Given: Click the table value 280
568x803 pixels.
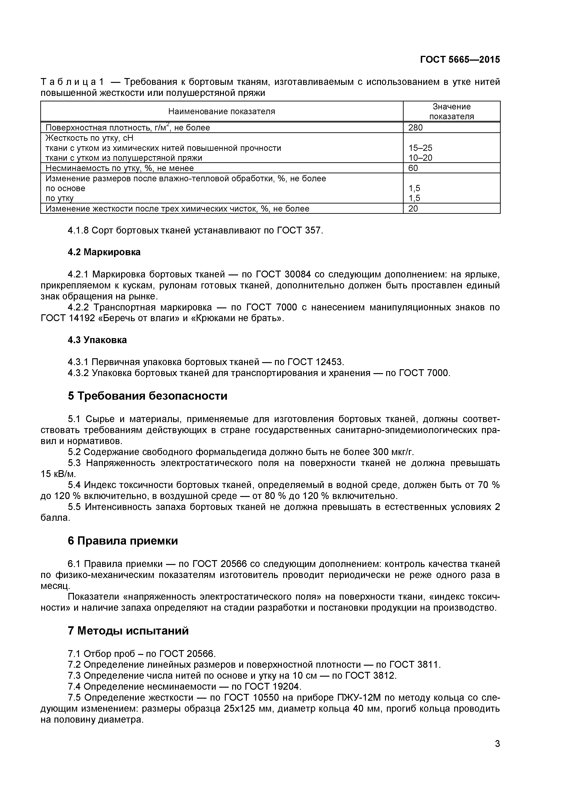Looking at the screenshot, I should coord(416,128).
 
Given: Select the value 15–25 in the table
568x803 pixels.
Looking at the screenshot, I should coord(420,148).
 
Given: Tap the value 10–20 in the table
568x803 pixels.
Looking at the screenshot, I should coord(420,158).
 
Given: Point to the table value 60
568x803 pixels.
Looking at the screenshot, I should coord(413,168).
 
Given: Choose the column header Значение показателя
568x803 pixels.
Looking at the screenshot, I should coord(451,111).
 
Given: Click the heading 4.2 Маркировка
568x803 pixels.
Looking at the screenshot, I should coord(104,252).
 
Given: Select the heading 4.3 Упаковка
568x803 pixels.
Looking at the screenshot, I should coord(97,340).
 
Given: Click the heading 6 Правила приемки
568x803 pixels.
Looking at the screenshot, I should coord(123,541).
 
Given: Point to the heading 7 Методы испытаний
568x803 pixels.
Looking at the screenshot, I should coord(128,631).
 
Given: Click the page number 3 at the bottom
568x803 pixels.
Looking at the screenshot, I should coord(497,753).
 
